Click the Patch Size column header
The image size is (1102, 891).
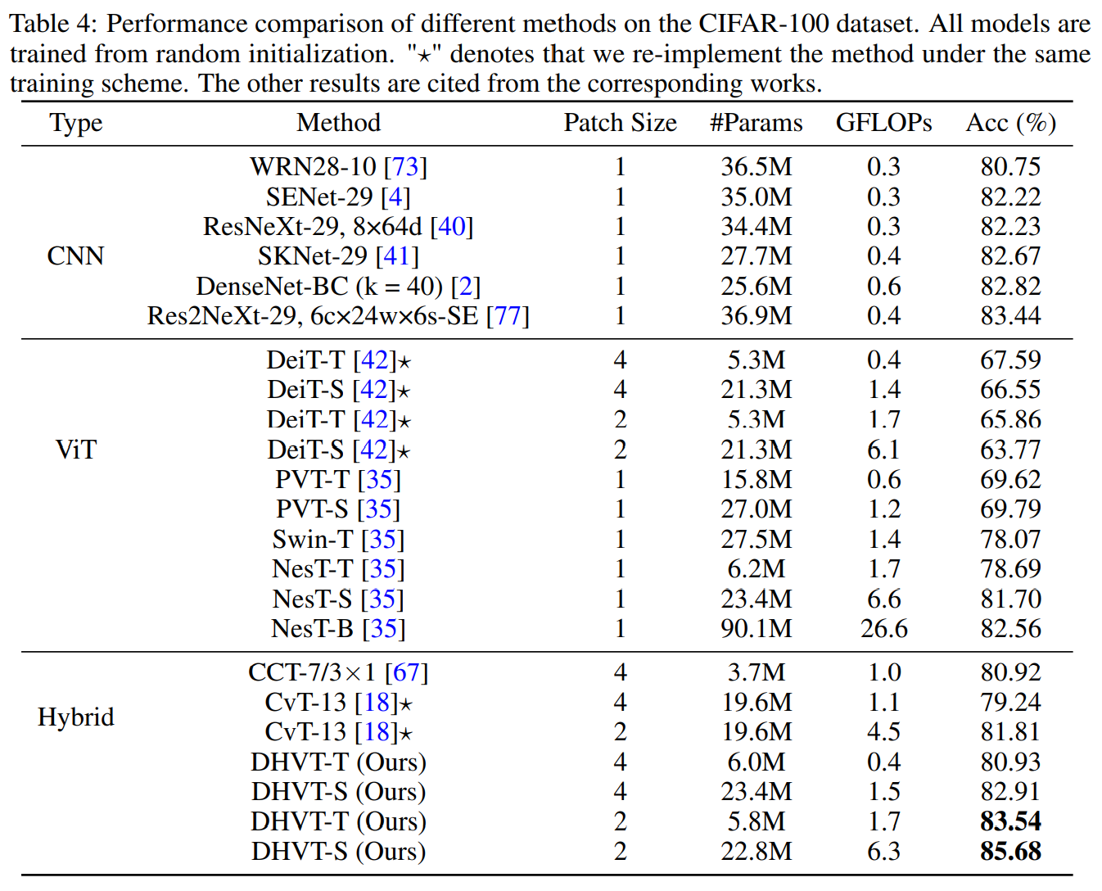(x=620, y=123)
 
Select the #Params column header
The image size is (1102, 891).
(x=756, y=123)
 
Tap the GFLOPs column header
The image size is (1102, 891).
(x=883, y=123)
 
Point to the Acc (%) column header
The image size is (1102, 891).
(x=1010, y=123)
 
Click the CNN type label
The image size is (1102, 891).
(x=75, y=256)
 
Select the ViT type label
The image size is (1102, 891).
(x=75, y=450)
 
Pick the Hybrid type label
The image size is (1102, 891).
(x=75, y=717)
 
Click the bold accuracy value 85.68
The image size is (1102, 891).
(x=1010, y=852)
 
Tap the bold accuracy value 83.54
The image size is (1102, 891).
(x=1010, y=821)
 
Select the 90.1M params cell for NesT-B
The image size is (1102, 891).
(x=756, y=629)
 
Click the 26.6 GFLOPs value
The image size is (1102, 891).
(x=883, y=629)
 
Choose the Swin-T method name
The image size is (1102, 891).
(x=312, y=540)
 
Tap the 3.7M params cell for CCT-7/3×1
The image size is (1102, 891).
(x=756, y=672)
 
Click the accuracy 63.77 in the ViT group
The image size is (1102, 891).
(x=1010, y=450)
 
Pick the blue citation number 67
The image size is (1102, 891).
(x=406, y=672)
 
